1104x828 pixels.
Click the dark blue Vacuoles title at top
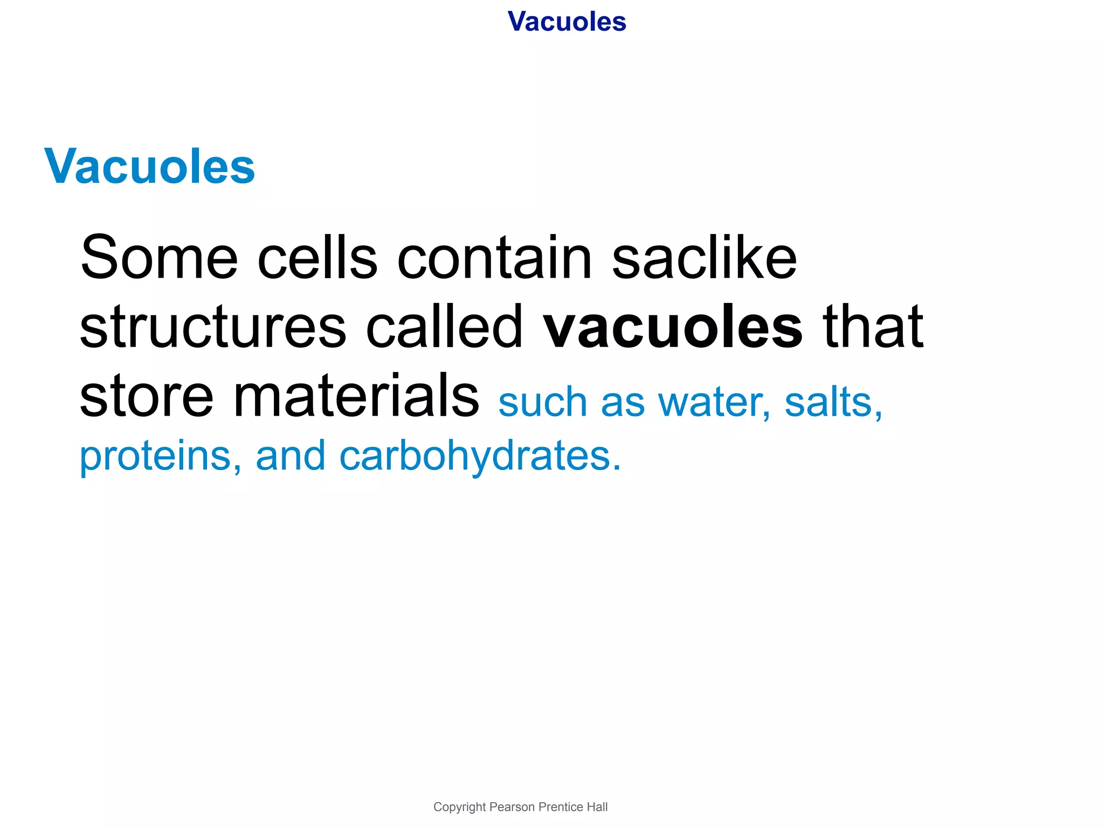click(x=567, y=22)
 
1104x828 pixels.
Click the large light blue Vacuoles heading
click(x=149, y=167)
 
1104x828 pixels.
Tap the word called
click(x=444, y=326)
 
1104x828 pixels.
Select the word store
click(x=147, y=396)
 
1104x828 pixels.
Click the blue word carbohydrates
click(x=480, y=457)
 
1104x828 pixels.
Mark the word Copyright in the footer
click(x=459, y=807)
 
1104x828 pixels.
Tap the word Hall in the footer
click(x=597, y=807)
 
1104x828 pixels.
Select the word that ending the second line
click(x=873, y=326)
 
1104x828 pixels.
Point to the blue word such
click(x=542, y=403)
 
